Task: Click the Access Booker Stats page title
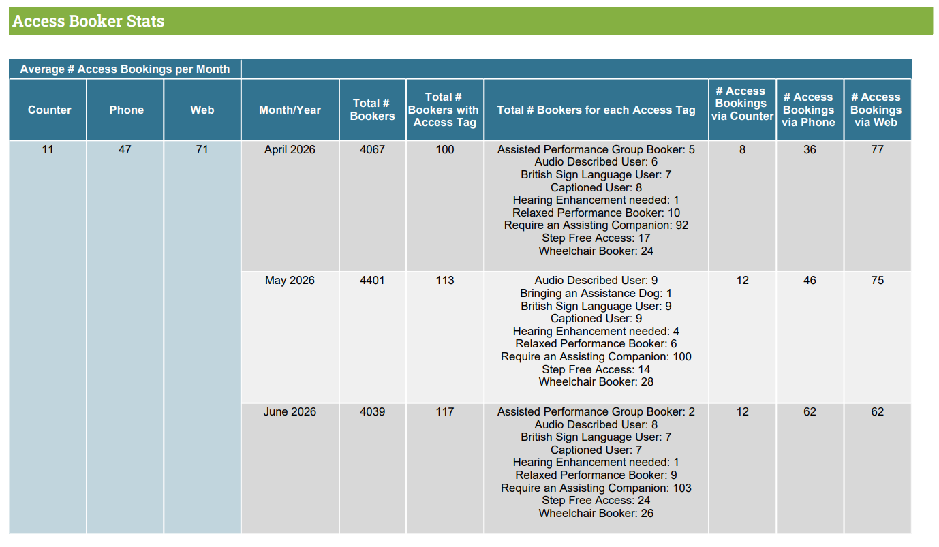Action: click(x=89, y=21)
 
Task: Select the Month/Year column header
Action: click(x=290, y=110)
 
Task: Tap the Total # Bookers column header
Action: click(x=372, y=110)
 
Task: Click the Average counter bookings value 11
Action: click(x=48, y=150)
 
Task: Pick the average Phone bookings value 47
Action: click(x=125, y=150)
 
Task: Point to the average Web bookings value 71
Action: click(x=202, y=150)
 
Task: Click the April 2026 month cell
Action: click(x=290, y=150)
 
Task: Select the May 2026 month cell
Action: click(x=290, y=281)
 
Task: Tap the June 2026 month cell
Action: click(x=290, y=411)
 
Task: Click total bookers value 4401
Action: click(x=372, y=281)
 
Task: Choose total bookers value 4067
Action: click(x=372, y=150)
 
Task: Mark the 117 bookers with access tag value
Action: click(x=445, y=411)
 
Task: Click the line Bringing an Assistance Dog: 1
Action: click(x=596, y=294)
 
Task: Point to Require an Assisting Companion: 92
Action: click(x=596, y=225)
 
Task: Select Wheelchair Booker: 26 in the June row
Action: click(x=596, y=514)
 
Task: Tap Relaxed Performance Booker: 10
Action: click(x=596, y=213)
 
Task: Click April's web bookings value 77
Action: click(x=878, y=150)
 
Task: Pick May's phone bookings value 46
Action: click(x=810, y=281)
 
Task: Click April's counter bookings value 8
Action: click(x=742, y=150)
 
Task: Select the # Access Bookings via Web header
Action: click(x=876, y=110)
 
